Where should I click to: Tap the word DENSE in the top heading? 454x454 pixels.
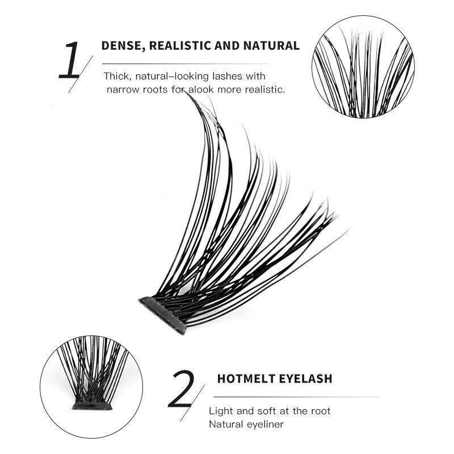point(120,46)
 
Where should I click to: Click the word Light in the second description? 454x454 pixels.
point(221,410)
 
